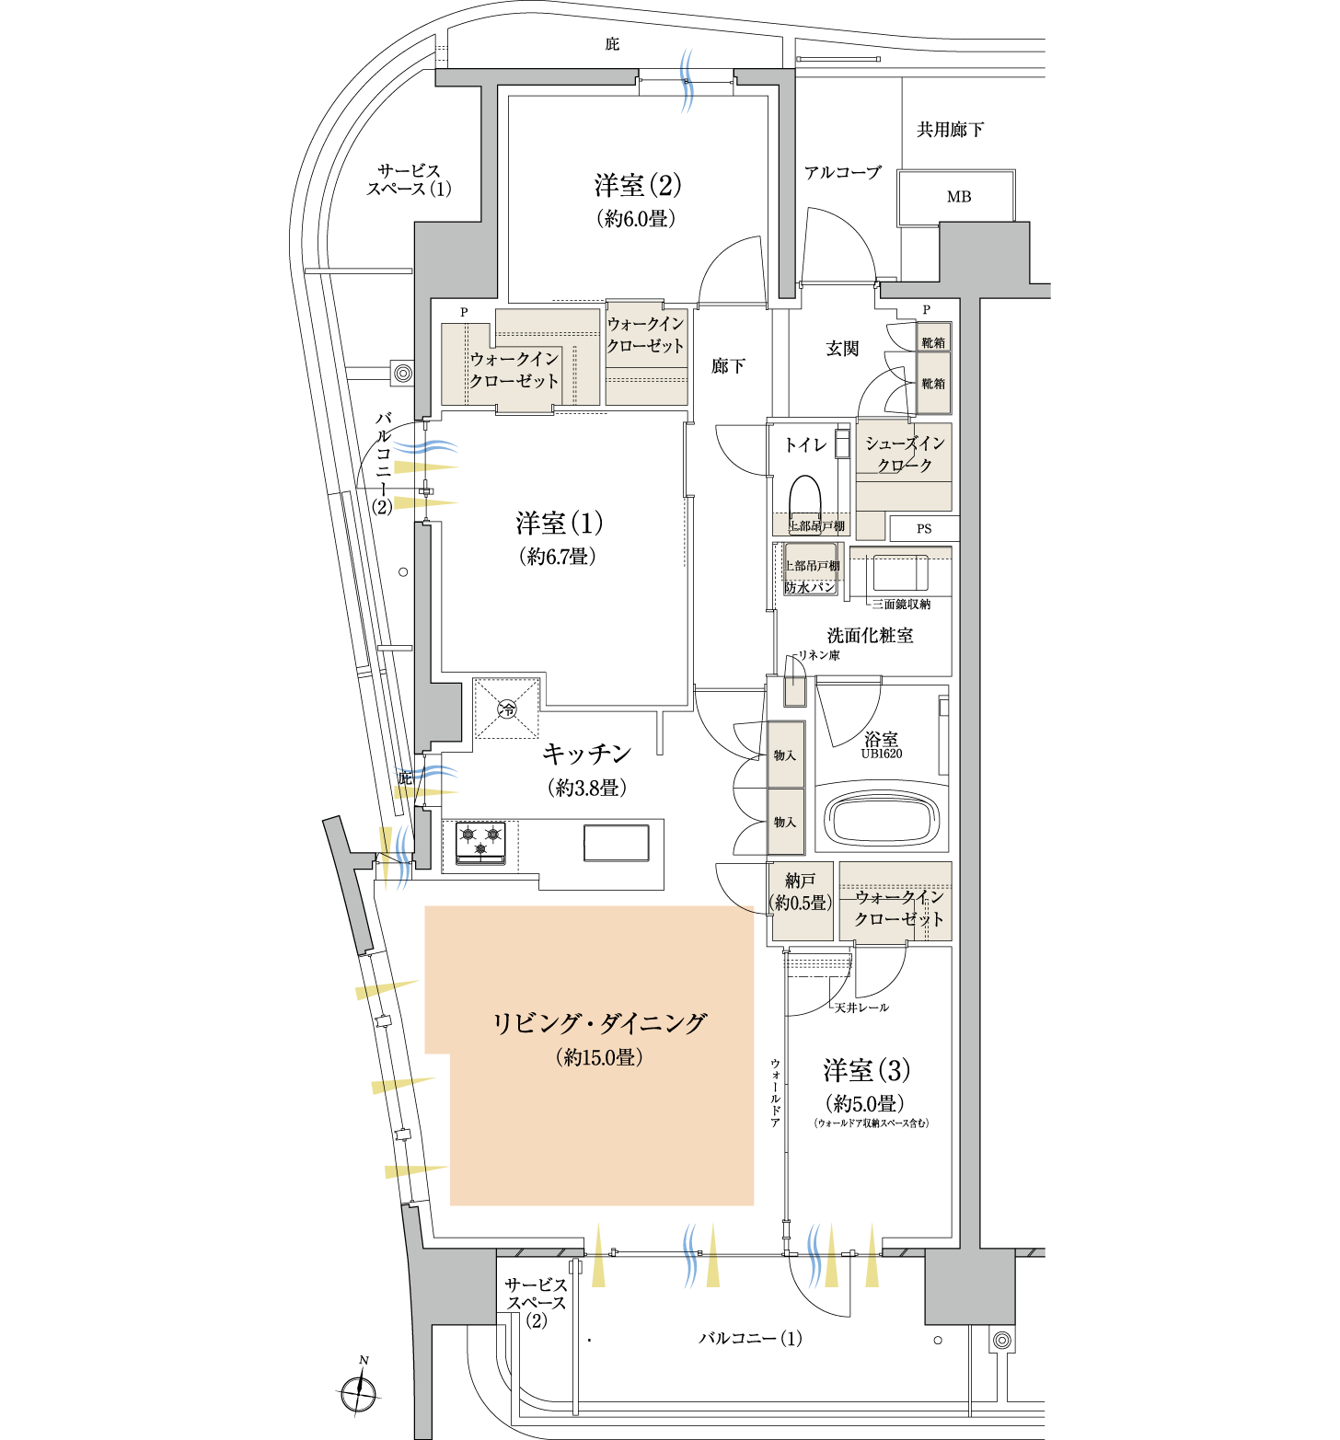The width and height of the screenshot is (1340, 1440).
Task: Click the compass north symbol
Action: tap(359, 1388)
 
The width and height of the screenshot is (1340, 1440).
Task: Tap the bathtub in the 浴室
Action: tap(882, 816)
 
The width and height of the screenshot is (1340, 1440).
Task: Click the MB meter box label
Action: tap(959, 197)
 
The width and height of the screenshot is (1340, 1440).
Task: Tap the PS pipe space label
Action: tap(924, 529)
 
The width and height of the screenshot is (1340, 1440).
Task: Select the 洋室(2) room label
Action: tap(638, 186)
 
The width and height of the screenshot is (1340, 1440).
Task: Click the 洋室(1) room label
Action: tap(560, 524)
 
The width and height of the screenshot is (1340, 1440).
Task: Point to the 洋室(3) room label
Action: tap(867, 1070)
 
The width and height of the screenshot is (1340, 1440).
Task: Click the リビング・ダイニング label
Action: tap(600, 1023)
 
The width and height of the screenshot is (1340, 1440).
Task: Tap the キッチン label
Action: tap(587, 754)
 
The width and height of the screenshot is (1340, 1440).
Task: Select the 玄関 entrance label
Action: tap(842, 349)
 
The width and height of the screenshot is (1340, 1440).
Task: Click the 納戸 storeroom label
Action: tap(801, 881)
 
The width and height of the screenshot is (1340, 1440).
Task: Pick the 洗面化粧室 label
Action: tap(870, 635)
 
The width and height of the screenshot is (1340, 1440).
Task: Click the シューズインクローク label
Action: tap(905, 455)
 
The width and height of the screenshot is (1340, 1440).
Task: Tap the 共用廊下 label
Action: tap(951, 130)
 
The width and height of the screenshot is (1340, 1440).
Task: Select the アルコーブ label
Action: tap(843, 172)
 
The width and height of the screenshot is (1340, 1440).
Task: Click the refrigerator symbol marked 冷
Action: tap(506, 708)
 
